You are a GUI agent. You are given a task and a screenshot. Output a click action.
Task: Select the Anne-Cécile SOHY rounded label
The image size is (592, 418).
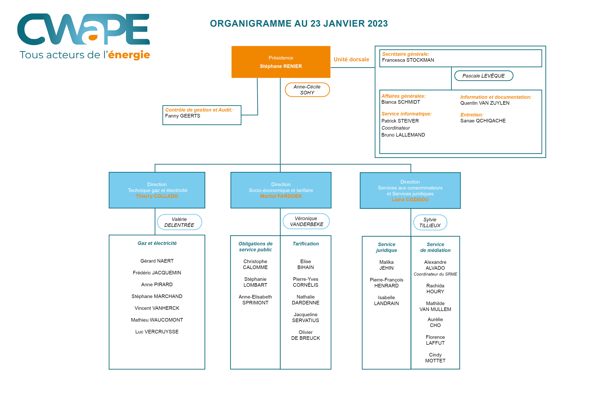pos(307,90)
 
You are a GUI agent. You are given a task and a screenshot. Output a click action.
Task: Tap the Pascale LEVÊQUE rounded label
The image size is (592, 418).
pos(483,76)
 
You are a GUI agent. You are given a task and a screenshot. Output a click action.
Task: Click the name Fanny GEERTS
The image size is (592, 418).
pos(183,116)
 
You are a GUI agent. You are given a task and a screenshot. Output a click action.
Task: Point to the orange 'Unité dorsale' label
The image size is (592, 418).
pos(351,59)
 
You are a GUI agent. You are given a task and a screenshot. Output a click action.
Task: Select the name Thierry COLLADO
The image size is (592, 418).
pos(157,196)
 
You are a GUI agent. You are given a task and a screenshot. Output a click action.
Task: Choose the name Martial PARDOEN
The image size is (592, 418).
pos(281,196)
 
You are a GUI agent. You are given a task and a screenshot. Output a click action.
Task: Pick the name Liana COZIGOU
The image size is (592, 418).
pos(410,200)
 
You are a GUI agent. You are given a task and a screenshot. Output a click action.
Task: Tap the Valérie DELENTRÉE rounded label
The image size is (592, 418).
pos(179,222)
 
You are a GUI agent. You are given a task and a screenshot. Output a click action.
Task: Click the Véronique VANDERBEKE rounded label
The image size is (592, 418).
pos(306,221)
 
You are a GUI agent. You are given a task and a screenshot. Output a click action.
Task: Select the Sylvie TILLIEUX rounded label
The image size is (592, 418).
pos(430,222)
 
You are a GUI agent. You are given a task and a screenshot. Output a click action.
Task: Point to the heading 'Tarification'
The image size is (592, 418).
pos(306,244)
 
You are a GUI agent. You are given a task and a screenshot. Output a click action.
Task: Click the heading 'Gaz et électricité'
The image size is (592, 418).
pos(157,243)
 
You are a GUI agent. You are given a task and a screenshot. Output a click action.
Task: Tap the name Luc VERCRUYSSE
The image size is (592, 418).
pos(157,332)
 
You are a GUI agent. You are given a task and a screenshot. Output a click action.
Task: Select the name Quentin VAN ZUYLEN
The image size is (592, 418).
pos(485,103)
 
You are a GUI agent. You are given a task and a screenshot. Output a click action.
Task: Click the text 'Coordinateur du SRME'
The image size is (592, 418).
pos(435,274)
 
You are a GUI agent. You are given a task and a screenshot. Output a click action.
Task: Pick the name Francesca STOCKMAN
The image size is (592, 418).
pos(408,60)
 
